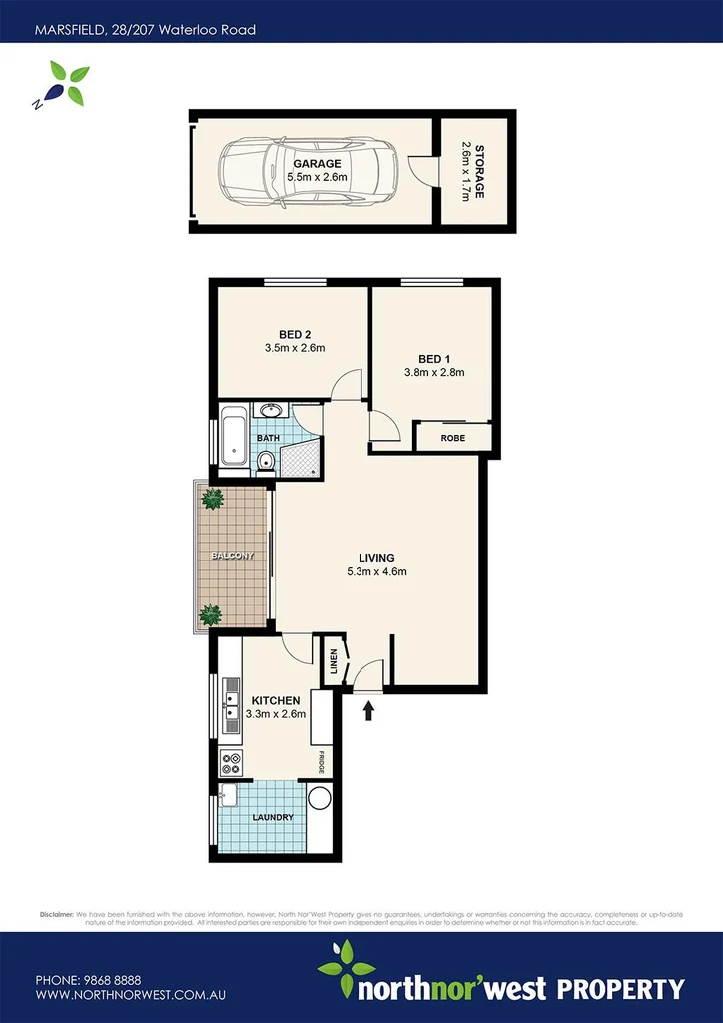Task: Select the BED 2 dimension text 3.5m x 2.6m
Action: pos(295,348)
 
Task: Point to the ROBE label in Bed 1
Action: pos(454,437)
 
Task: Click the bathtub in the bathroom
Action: pos(233,438)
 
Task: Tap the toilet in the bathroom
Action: pos(265,461)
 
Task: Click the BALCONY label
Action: pos(232,556)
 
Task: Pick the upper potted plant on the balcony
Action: pos(212,497)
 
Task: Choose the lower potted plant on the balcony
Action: pos(211,614)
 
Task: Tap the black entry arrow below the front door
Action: pos(370,710)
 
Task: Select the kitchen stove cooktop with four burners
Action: pos(231,763)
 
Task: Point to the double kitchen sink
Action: pos(230,692)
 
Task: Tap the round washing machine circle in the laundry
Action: pos(319,798)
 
